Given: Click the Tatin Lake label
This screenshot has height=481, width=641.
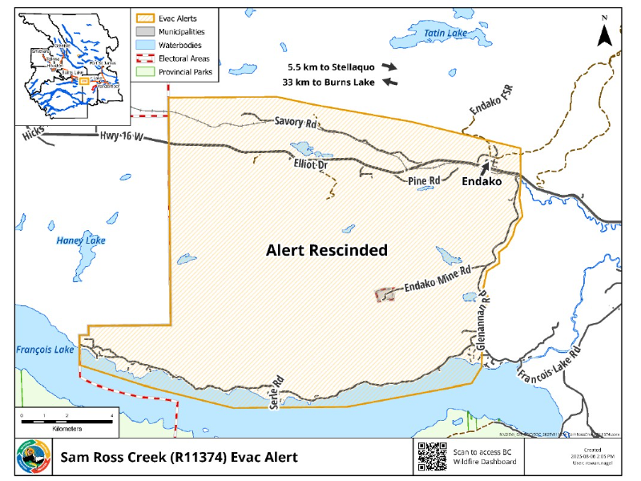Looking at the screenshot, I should coord(445,33).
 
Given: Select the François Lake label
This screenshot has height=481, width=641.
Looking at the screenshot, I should coord(45,350).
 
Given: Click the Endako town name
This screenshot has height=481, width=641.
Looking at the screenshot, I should coord(482,182).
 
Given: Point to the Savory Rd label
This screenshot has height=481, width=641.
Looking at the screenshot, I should coord(296,123).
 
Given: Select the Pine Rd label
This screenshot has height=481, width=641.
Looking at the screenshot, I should coord(424,181).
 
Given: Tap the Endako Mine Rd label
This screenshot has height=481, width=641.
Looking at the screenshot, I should coord(437,280).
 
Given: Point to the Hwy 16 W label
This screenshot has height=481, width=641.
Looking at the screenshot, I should coord(121,137).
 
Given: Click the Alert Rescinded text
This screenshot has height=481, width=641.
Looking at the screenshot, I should coord(327,250).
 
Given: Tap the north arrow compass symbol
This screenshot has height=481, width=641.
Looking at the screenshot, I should coord(607,31).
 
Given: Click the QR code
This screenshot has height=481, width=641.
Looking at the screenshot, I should coord(432,456).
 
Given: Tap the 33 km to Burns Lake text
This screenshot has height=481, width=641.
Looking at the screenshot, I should coord(329,82).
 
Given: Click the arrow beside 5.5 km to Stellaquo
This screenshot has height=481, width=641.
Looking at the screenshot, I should coord(389,67).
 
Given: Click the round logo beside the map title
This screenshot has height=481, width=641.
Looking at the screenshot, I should coord(33,457).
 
